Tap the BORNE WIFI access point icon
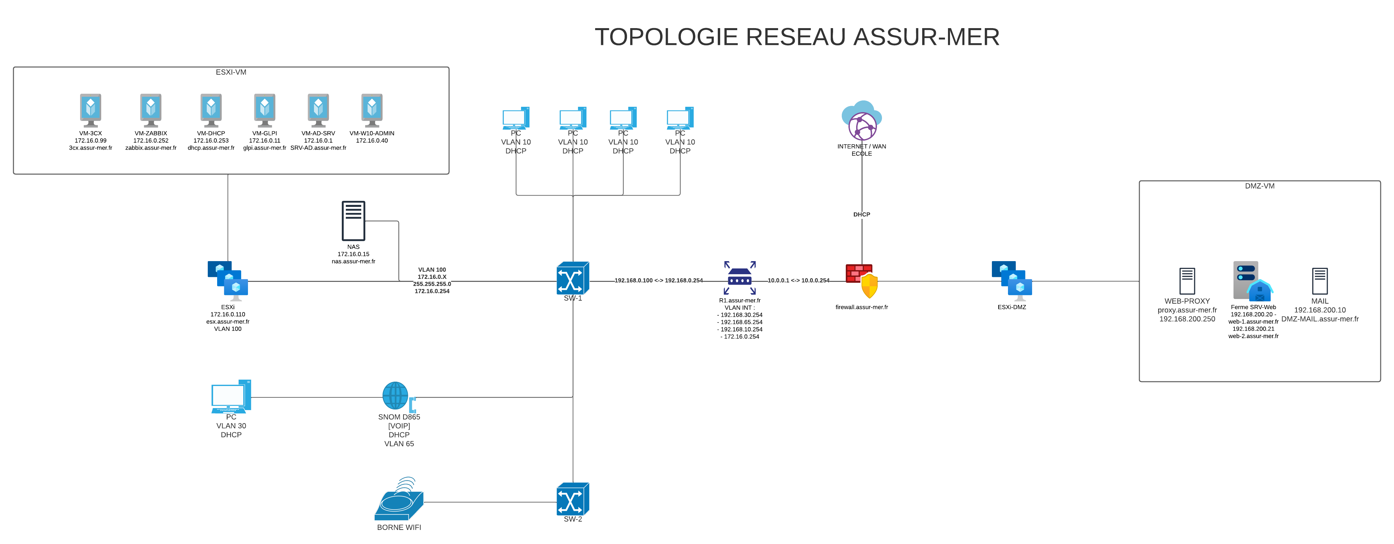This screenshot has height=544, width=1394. [399, 500]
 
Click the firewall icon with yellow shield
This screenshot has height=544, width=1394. [862, 281]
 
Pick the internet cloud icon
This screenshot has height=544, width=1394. [862, 120]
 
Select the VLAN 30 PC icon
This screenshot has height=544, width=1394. [231, 396]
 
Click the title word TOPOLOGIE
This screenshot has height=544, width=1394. [667, 37]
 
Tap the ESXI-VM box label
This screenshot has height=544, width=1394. [231, 72]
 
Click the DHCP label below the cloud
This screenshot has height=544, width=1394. [862, 215]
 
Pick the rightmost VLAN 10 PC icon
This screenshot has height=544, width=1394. [680, 118]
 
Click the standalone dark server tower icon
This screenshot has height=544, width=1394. [354, 221]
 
